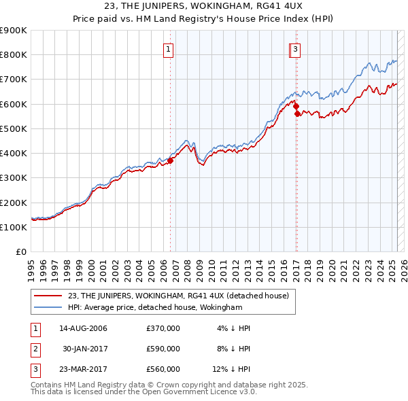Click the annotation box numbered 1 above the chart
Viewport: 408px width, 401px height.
pyautogui.click(x=168, y=48)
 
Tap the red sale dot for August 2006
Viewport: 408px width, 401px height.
pyautogui.click(x=171, y=160)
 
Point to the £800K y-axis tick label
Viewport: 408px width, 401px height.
pyautogui.click(x=14, y=55)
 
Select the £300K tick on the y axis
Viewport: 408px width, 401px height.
pyautogui.click(x=14, y=178)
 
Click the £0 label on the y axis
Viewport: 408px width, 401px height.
pyautogui.click(x=22, y=252)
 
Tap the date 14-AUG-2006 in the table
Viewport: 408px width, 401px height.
pyautogui.click(x=83, y=329)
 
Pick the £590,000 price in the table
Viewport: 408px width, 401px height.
pyautogui.click(x=163, y=349)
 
